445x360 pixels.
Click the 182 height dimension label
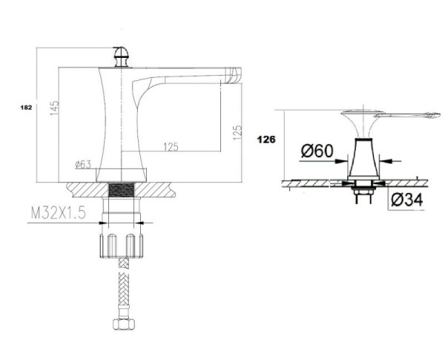[26, 108]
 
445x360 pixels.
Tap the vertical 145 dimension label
[54, 108]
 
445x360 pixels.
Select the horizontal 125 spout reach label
[171, 147]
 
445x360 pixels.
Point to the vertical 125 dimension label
[237, 132]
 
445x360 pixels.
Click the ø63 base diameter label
[83, 164]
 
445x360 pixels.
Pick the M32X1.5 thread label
[58, 213]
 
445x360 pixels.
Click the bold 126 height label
[266, 140]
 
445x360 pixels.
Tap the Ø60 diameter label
[317, 151]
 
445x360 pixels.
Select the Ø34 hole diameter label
[406, 199]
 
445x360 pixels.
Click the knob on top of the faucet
[122, 57]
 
